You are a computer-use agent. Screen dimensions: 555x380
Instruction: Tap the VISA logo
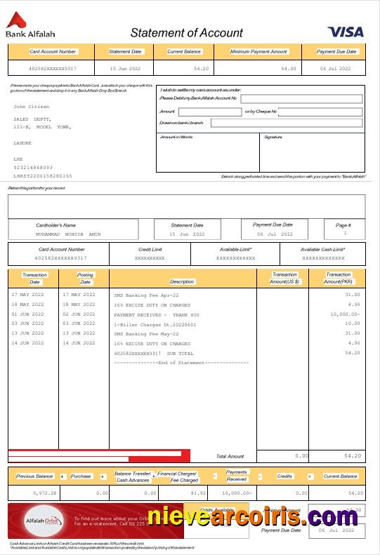[x=345, y=32]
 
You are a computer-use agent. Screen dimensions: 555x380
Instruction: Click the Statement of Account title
[x=186, y=33]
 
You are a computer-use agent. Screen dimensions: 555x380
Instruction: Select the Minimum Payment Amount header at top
[x=258, y=52]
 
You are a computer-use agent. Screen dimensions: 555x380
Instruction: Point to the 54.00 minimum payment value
[x=288, y=69]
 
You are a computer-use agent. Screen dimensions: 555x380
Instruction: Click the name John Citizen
[x=32, y=107]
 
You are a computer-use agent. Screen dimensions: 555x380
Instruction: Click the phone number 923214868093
[x=33, y=168]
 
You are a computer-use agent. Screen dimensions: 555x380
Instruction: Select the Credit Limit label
[x=150, y=249]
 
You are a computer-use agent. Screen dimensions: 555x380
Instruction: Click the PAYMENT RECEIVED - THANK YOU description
[x=156, y=315]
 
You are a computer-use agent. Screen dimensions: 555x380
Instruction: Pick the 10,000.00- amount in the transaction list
[x=344, y=315]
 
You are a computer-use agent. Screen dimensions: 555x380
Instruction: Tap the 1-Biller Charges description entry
[x=155, y=325]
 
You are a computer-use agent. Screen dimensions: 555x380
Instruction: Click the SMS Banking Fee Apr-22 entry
[x=146, y=295]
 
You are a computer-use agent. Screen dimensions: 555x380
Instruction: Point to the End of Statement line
[x=181, y=363]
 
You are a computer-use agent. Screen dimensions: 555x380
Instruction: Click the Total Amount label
[x=230, y=456]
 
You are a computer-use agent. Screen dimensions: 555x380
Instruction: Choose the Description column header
[x=182, y=281]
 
